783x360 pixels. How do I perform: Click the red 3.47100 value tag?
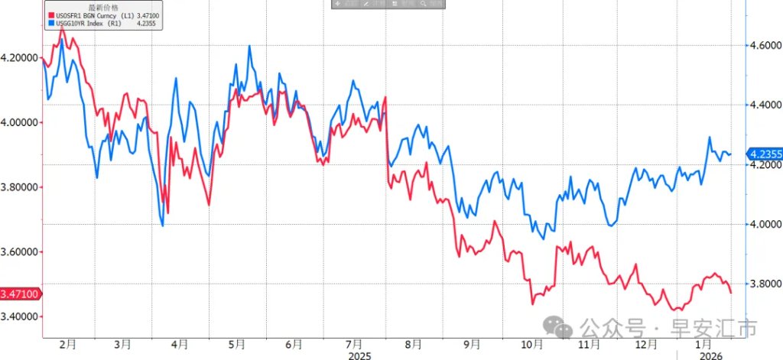(x=18, y=294)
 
